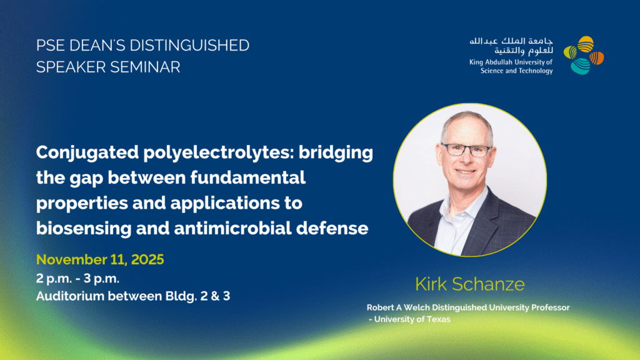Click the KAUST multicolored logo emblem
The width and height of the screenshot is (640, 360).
click(584, 56)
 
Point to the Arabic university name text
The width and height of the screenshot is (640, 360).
click(511, 46)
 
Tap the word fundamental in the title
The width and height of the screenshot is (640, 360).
click(247, 177)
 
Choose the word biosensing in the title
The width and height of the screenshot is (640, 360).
click(84, 229)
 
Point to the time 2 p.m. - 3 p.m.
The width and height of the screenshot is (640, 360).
click(77, 279)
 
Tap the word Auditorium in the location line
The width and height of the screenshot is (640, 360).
click(70, 296)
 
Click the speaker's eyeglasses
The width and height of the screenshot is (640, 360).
click(466, 150)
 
